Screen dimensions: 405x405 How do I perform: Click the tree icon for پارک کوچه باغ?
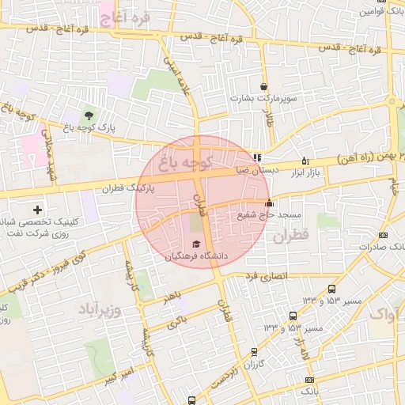tap(87, 116)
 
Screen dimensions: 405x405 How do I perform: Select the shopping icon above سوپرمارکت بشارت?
tap(263, 87)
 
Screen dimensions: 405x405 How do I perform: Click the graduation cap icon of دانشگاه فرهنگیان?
tap(195, 244)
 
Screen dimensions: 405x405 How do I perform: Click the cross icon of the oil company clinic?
tap(37, 210)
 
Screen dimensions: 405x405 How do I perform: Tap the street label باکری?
tap(178, 321)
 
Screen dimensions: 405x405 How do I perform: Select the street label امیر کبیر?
tap(119, 373)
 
